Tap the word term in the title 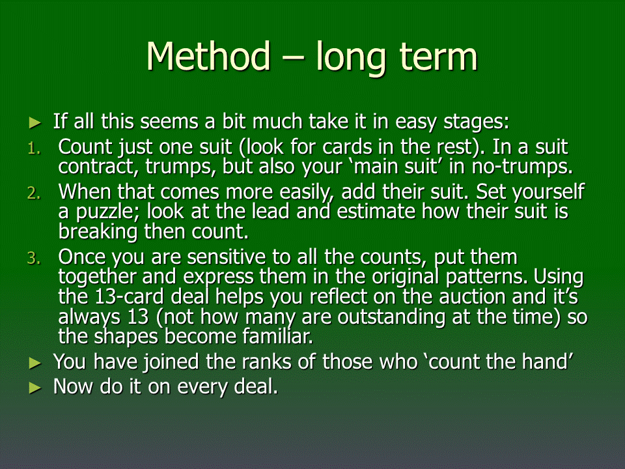(438, 57)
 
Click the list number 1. (34, 149)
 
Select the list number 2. (34, 193)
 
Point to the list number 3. (34, 259)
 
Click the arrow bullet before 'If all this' (35, 123)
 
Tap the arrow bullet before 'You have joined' (35, 363)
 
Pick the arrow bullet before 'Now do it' (35, 388)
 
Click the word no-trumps (522, 167)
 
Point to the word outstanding (392, 317)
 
